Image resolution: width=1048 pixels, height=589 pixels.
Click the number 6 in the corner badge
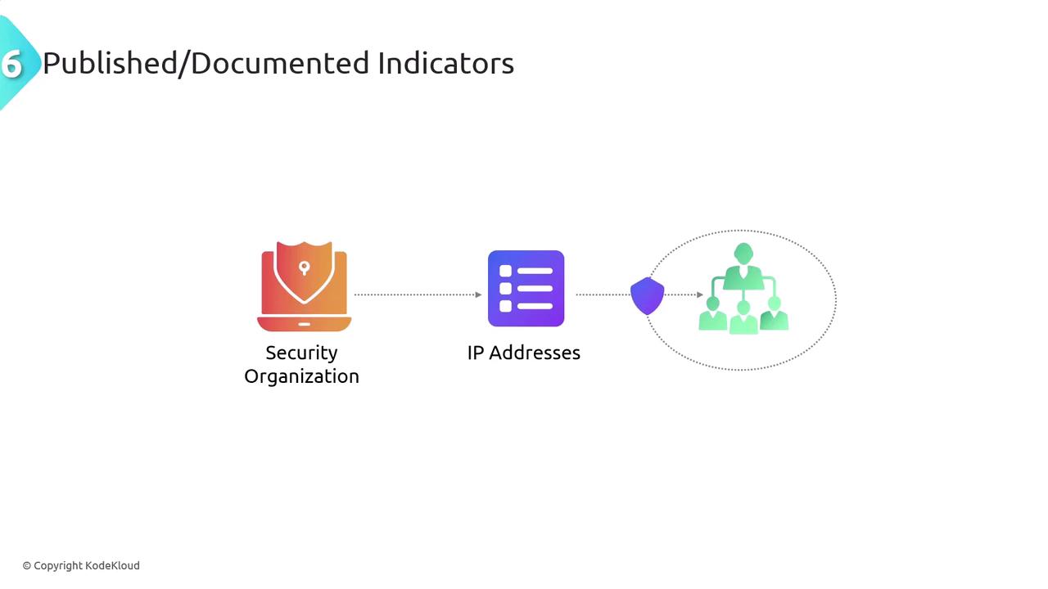[11, 64]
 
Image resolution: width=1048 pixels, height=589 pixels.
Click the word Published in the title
[110, 63]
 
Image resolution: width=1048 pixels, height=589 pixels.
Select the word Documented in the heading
[280, 63]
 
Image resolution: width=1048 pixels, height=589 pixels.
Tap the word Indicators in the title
[446, 63]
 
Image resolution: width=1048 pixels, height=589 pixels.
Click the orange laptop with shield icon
[304, 286]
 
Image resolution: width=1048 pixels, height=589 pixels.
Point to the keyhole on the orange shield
[304, 268]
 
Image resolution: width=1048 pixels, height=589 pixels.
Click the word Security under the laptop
[302, 353]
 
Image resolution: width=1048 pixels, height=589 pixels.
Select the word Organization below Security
[302, 376]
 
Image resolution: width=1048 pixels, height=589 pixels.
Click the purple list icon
[526, 289]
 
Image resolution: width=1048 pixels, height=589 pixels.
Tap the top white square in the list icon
[505, 271]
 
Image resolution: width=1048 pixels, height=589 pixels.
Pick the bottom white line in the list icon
[535, 306]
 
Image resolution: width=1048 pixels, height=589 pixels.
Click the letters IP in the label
[476, 353]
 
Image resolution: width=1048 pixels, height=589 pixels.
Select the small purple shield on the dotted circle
[647, 296]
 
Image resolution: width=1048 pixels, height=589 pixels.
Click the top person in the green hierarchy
[743, 267]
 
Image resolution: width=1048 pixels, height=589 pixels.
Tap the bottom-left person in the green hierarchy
[712, 314]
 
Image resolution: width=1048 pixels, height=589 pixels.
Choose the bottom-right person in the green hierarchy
[775, 314]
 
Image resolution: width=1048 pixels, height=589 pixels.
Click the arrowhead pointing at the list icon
[478, 294]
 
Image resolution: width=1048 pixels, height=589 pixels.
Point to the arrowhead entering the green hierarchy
[700, 294]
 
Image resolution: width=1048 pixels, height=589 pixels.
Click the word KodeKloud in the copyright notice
[112, 565]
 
